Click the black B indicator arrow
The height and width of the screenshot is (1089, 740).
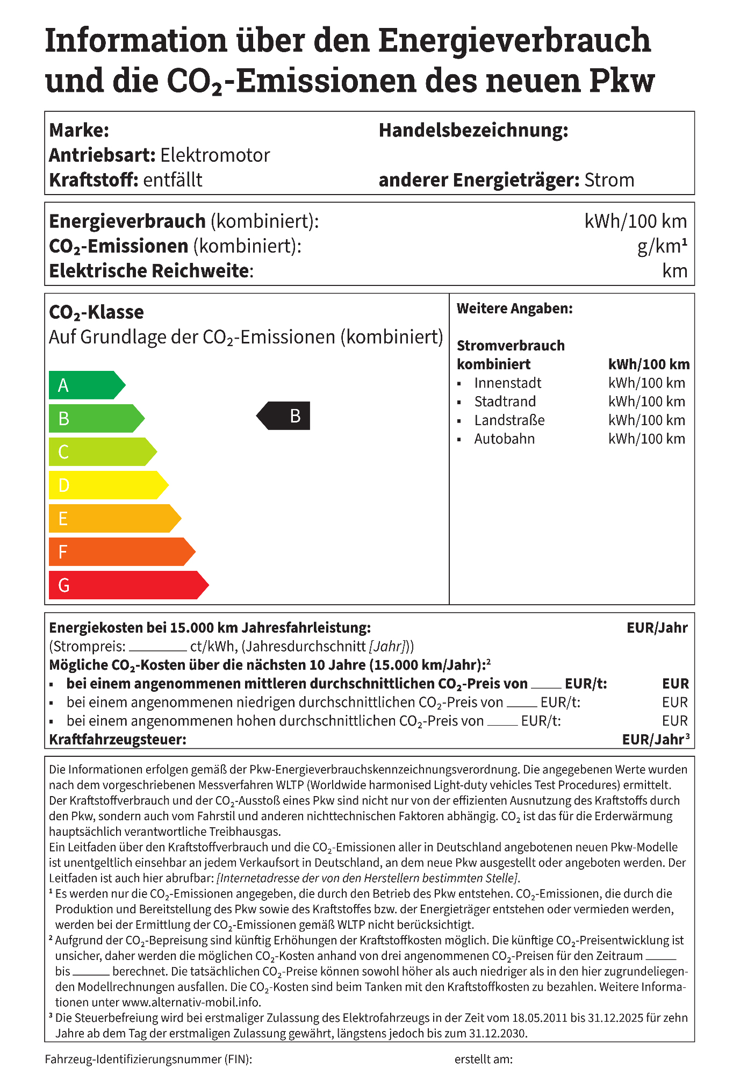(284, 416)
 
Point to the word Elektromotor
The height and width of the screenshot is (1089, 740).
(215, 155)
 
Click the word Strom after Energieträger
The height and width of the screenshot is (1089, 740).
(609, 180)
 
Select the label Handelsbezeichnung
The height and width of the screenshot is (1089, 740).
(473, 131)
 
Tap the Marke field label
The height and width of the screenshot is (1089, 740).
(79, 131)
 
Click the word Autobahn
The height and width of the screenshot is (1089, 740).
(504, 439)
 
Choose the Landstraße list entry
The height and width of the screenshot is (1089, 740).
(509, 420)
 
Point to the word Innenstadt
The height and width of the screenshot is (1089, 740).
(507, 383)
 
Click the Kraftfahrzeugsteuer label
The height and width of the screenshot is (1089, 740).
(118, 740)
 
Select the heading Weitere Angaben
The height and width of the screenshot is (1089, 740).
(514, 309)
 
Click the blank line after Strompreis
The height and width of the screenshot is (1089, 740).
(157, 647)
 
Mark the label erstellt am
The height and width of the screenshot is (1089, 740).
(483, 1059)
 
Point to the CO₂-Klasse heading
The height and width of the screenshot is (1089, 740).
(96, 312)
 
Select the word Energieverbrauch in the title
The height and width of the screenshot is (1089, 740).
(515, 40)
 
